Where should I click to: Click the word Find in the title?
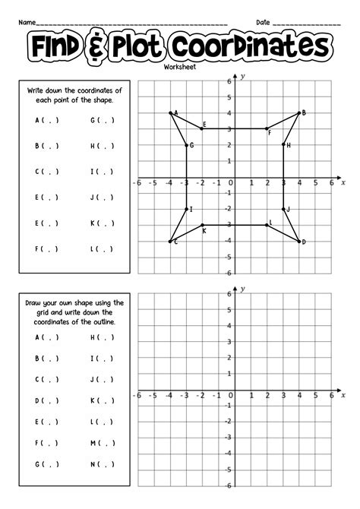coord(62,46)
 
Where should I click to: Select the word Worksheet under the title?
coord(179,68)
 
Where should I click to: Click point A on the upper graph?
coord(170,112)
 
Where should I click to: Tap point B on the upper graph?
coord(299,112)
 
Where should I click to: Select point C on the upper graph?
coord(170,241)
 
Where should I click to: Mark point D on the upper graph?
coord(299,241)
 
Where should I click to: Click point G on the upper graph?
coord(187,144)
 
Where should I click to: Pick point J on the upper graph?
coord(283,209)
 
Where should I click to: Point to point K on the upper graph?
coord(203,225)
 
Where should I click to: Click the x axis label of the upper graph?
coord(343,183)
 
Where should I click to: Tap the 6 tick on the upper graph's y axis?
coord(228,81)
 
